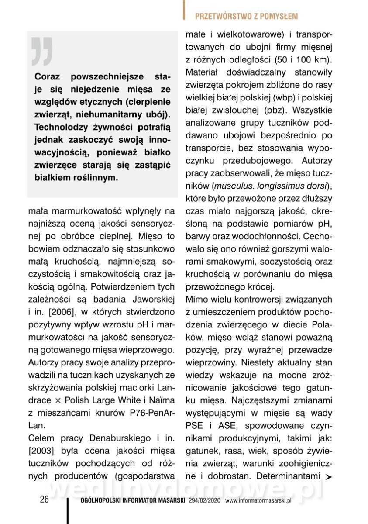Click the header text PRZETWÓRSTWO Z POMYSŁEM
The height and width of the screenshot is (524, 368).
click(x=246, y=17)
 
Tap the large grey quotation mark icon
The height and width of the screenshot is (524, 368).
click(x=42, y=52)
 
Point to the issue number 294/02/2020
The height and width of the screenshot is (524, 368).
click(x=205, y=501)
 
